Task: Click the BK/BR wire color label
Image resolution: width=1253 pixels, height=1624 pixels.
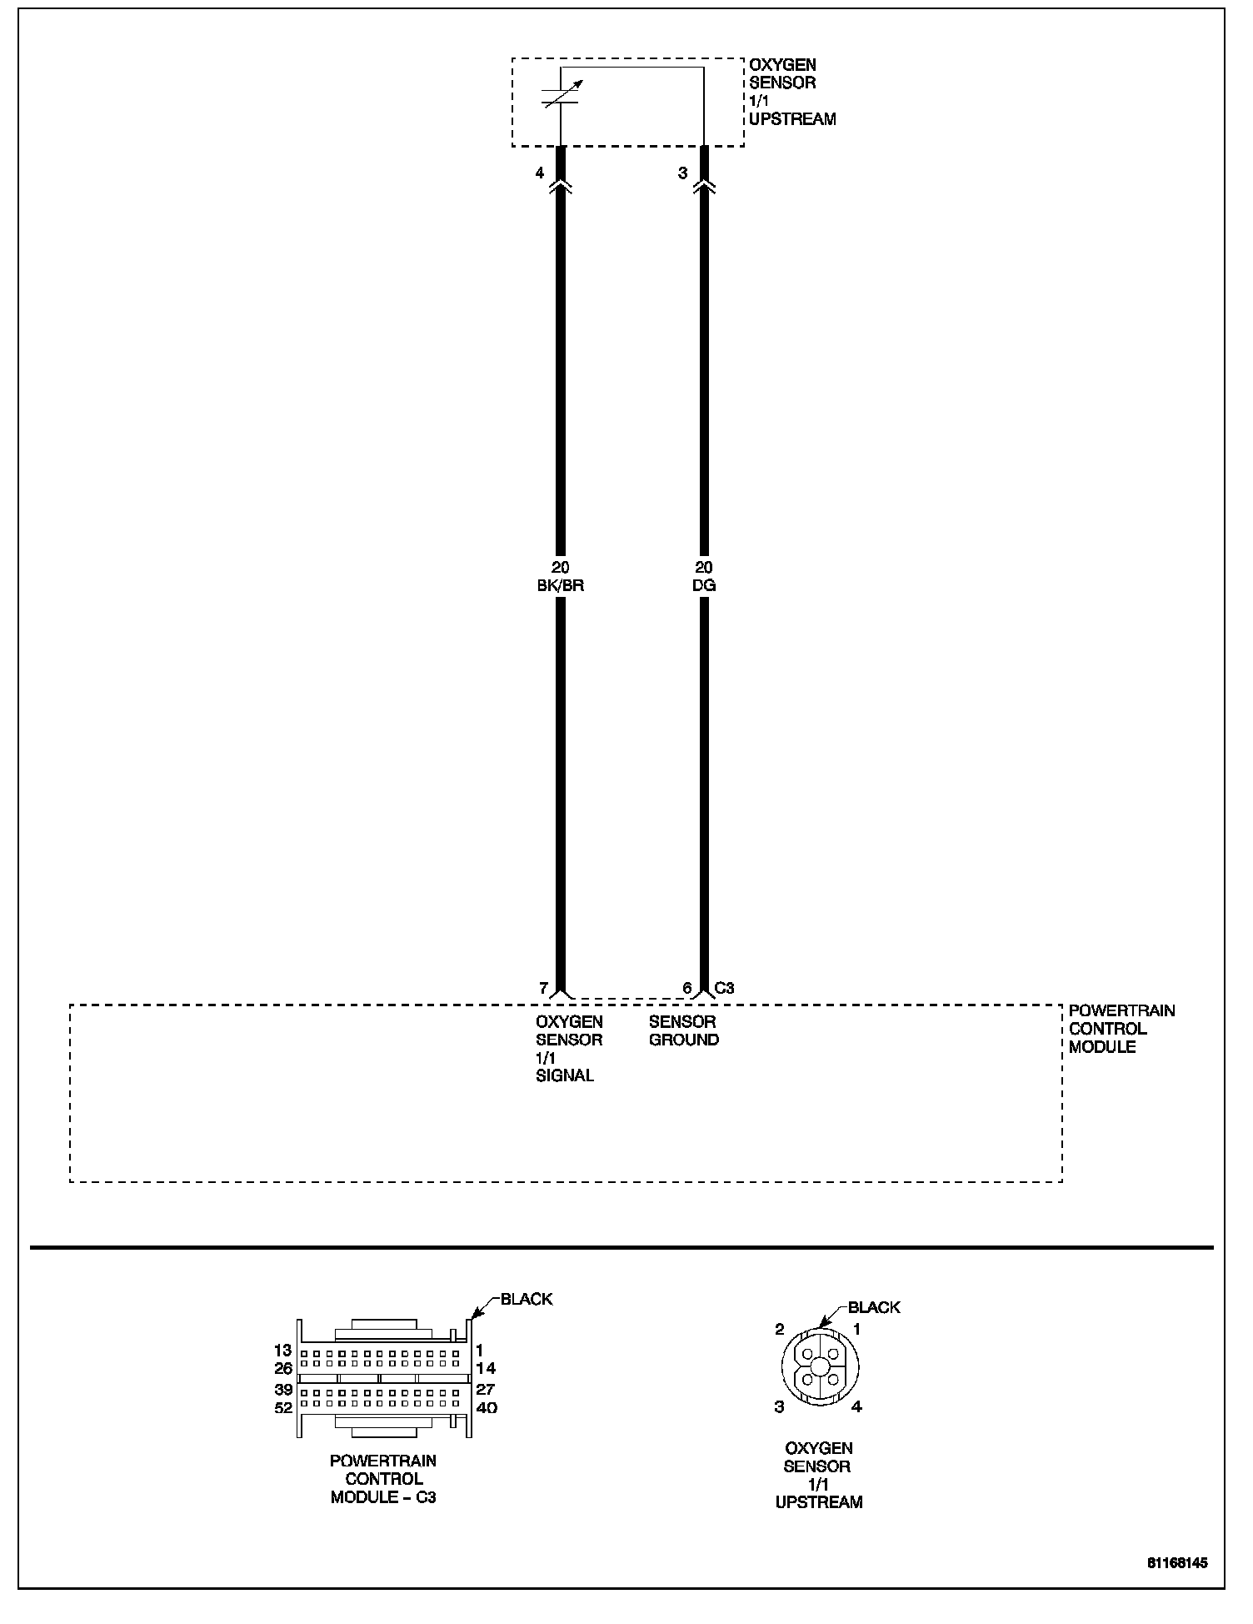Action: (x=560, y=585)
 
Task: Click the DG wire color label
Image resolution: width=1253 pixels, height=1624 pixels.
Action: (x=704, y=585)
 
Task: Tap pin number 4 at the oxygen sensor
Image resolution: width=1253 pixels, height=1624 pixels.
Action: (x=540, y=173)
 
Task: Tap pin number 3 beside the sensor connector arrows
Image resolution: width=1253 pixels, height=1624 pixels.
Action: (x=683, y=173)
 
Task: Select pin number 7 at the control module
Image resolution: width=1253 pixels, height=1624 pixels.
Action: (x=543, y=988)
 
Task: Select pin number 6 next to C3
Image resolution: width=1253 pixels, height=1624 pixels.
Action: (x=687, y=988)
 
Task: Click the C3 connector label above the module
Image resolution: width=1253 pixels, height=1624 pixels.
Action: (x=725, y=988)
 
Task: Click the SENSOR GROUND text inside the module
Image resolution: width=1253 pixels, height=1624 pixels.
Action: (x=683, y=1030)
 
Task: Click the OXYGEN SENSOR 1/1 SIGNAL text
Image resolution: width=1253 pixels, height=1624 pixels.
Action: (x=568, y=1048)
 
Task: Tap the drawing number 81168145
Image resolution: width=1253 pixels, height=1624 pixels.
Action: (x=1176, y=1562)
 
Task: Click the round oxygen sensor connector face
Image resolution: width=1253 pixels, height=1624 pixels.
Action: (x=820, y=1366)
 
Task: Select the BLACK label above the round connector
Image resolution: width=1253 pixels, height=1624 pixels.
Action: (x=874, y=1307)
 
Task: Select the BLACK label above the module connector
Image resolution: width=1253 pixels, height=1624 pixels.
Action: (x=526, y=1299)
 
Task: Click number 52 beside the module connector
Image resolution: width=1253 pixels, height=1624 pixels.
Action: (x=283, y=1408)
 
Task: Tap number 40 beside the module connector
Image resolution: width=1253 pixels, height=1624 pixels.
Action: (x=486, y=1408)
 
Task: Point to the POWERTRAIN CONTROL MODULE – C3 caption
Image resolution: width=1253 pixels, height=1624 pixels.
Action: (x=383, y=1479)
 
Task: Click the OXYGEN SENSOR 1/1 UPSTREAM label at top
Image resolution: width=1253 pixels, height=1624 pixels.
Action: (x=791, y=92)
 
